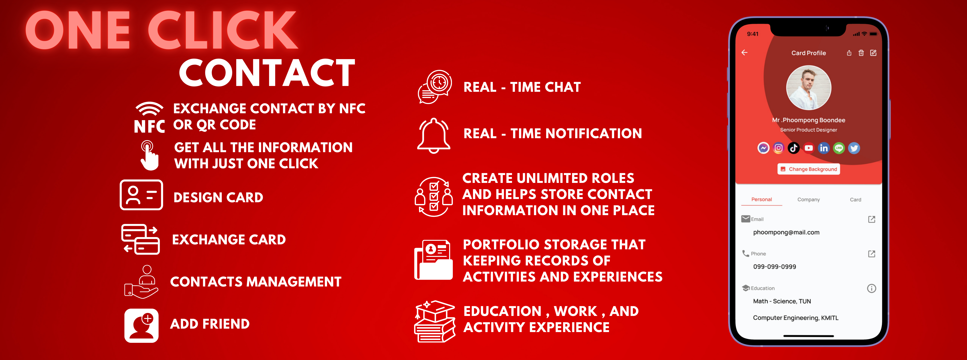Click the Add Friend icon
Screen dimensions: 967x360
[142, 325]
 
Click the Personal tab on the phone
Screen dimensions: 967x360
[762, 199]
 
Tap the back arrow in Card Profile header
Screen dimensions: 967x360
[744, 53]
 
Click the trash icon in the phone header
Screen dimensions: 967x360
[861, 53]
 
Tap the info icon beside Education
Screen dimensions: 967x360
[872, 288]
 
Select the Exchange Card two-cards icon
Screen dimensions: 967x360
[140, 239]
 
